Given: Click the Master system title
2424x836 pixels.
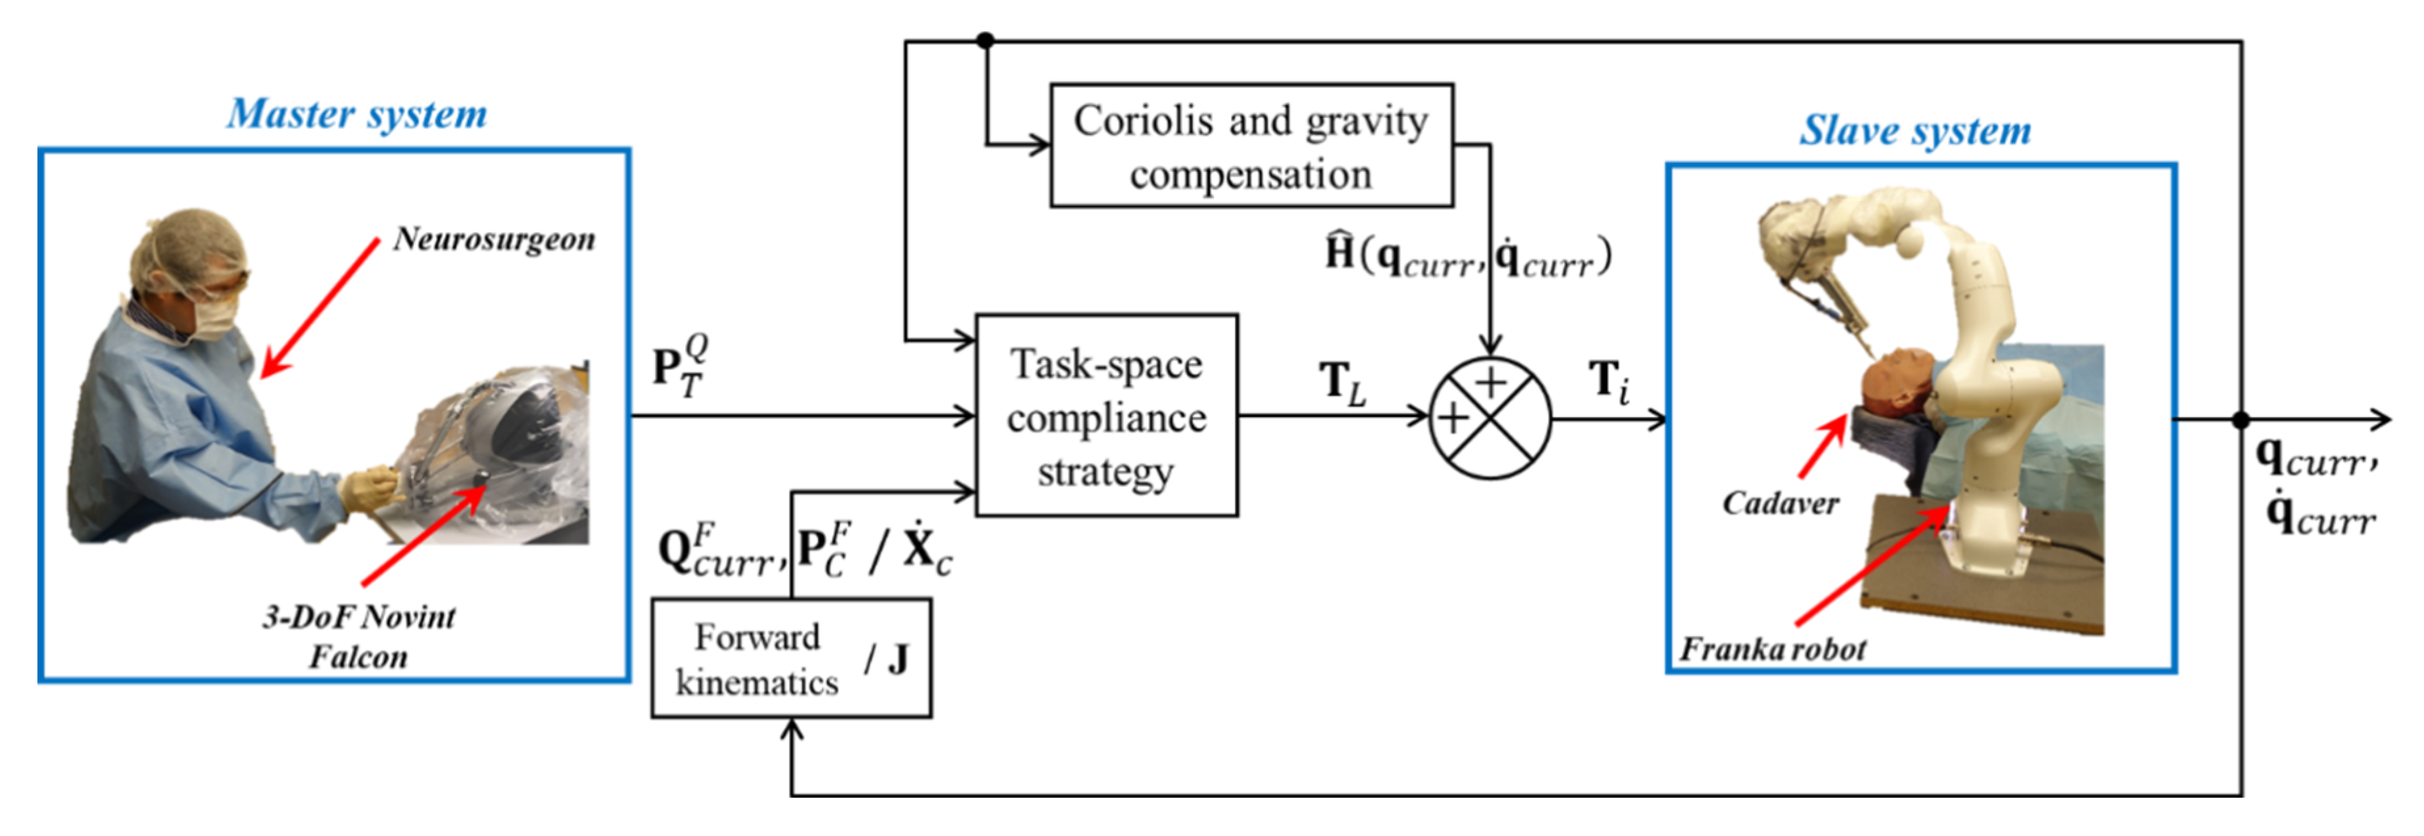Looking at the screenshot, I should point(357,115).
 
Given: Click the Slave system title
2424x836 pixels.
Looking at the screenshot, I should point(1915,130).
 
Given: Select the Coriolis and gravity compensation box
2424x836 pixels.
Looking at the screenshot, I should point(1251,146).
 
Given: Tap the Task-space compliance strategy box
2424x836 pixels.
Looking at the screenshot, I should point(1106,416).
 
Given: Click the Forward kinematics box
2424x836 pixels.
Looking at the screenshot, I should point(758,659).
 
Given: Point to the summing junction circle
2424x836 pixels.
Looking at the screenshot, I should point(1489,418).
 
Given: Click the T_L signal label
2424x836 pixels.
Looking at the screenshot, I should point(1342,383).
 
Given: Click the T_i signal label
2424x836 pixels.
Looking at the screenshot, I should point(1608,382).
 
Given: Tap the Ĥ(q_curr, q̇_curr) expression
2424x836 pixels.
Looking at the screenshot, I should point(1468,256).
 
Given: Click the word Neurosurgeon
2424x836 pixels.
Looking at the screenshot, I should point(494,239).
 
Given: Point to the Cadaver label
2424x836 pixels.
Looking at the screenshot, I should point(1781,503).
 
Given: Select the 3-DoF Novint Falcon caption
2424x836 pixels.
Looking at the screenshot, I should point(359,636).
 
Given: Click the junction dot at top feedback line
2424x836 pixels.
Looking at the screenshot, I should point(985,41).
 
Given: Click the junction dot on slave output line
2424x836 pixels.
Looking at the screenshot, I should point(2242,420).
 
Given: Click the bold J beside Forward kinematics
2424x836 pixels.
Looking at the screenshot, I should point(898,659).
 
